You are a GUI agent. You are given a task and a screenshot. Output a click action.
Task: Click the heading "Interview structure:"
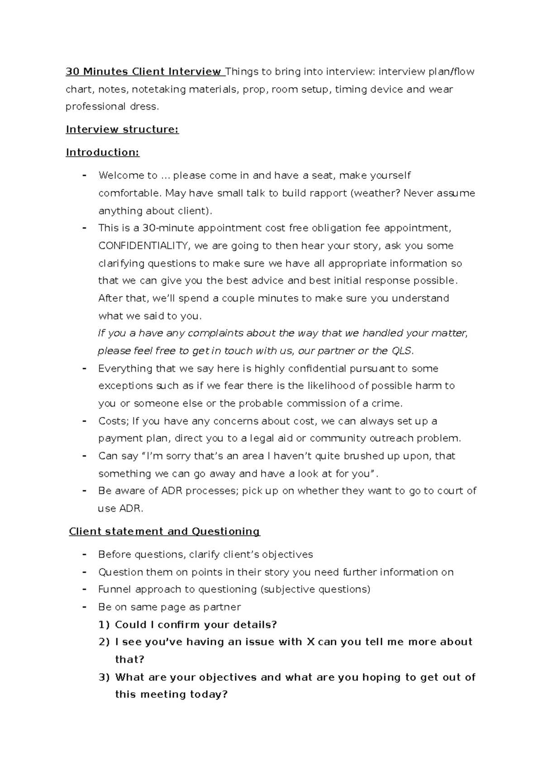[x=122, y=130]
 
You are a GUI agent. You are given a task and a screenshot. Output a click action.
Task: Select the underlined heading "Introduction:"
[x=103, y=153]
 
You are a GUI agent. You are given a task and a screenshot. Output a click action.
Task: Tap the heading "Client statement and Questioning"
[x=164, y=531]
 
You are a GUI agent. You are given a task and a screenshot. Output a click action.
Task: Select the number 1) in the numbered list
[x=104, y=625]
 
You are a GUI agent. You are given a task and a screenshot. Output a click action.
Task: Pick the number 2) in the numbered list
[x=104, y=642]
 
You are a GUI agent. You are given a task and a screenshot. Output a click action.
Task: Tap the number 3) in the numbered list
[x=104, y=677]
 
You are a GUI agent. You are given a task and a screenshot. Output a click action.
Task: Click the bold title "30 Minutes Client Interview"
[x=143, y=72]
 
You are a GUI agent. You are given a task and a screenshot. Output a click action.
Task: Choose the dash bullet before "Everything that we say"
[x=84, y=369]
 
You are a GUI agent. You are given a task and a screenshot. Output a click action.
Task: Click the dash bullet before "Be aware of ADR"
[x=84, y=491]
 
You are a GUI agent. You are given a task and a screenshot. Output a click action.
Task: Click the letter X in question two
[x=310, y=642]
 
